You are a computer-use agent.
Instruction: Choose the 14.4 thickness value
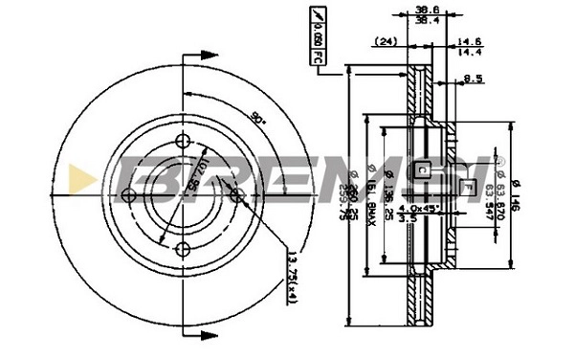pos(469,53)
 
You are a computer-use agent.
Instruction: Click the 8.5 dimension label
pos(472,79)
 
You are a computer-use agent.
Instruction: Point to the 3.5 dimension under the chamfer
pos(407,219)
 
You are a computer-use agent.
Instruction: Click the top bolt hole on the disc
pos(184,140)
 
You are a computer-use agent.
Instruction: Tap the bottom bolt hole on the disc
pos(182,249)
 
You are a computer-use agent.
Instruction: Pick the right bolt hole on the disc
pos(237,194)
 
